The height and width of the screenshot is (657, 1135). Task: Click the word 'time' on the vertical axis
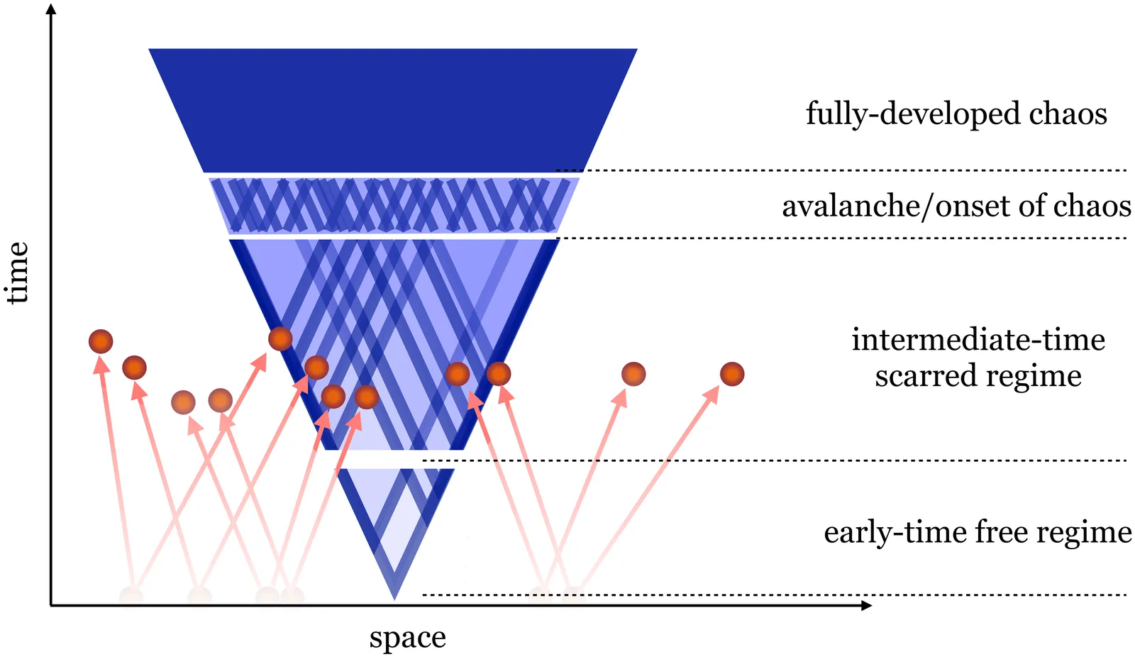tap(17, 273)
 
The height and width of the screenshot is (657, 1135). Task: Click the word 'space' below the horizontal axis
tap(407, 638)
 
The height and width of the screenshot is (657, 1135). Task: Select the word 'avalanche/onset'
tap(896, 206)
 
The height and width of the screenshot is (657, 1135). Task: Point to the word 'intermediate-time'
tap(978, 340)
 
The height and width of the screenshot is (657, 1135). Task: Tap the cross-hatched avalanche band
tap(394, 206)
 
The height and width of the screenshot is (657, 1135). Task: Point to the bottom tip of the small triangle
tap(394, 597)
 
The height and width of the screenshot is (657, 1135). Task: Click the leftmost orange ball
tap(101, 341)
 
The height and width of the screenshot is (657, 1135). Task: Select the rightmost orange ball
tap(732, 374)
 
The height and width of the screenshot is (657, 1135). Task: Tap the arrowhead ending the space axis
tap(866, 605)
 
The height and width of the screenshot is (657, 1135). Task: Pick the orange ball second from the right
tap(633, 374)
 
